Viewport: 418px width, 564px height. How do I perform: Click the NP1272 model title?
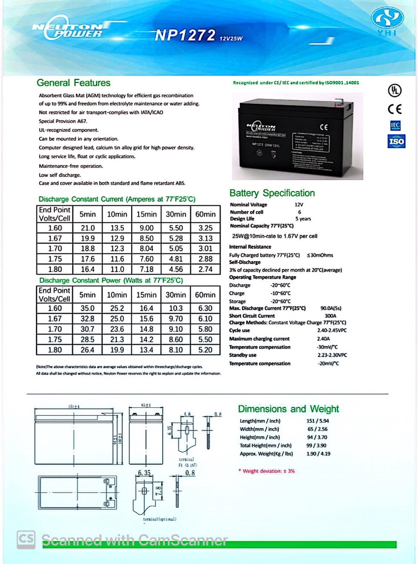pyautogui.click(x=185, y=36)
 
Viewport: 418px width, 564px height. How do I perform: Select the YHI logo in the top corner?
pyautogui.click(x=387, y=22)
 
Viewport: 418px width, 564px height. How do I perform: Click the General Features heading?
pyautogui.click(x=74, y=83)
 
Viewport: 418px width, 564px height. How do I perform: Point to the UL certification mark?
pyautogui.click(x=395, y=91)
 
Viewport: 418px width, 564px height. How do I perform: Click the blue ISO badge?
pyautogui.click(x=396, y=142)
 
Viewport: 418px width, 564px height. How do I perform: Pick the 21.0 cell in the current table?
pyautogui.click(x=87, y=228)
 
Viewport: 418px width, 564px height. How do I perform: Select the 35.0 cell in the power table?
pyautogui.click(x=87, y=308)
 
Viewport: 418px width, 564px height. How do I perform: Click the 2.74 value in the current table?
pyautogui.click(x=205, y=270)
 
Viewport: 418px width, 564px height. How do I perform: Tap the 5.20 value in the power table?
pyautogui.click(x=205, y=350)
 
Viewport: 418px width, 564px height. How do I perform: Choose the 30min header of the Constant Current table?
pyautogui.click(x=176, y=214)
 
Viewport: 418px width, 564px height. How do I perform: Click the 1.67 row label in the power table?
pyautogui.click(x=55, y=319)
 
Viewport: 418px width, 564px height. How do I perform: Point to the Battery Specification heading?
pyautogui.click(x=272, y=193)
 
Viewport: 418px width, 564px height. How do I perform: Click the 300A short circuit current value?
pyautogui.click(x=330, y=316)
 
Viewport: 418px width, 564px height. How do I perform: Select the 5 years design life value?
pyautogui.click(x=303, y=219)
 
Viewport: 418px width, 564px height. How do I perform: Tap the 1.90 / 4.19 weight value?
pyautogui.click(x=318, y=454)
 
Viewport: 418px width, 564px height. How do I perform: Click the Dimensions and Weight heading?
pyautogui.click(x=288, y=409)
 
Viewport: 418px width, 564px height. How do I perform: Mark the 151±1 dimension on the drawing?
pyautogui.click(x=74, y=407)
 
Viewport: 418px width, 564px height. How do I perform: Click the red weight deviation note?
pyautogui.click(x=267, y=471)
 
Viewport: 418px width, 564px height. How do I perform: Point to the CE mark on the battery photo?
pyautogui.click(x=324, y=127)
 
